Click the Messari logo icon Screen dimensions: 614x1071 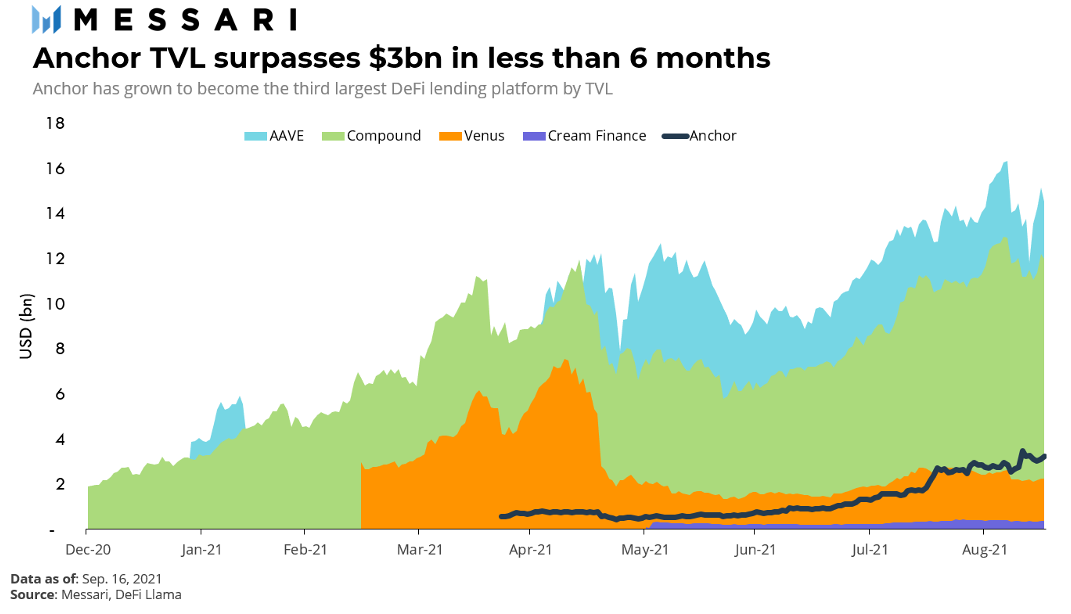coord(46,20)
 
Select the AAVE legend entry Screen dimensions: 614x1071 coord(274,136)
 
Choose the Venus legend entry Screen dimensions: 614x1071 coord(472,136)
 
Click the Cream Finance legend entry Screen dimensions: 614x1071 coord(584,136)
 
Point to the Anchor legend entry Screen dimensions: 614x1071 coord(699,136)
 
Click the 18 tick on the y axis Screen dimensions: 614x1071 coord(55,123)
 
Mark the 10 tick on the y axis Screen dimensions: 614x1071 coord(55,304)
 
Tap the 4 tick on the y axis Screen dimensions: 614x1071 coord(60,439)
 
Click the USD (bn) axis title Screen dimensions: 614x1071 coord(26,326)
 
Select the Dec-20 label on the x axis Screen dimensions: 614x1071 coord(88,549)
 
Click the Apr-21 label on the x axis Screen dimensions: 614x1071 coord(530,549)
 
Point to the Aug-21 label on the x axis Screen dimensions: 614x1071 coord(984,549)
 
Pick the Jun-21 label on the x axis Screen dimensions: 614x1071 coord(755,549)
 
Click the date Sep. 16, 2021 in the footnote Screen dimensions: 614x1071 coord(122,579)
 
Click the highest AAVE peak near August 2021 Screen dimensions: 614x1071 coord(1006,163)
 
